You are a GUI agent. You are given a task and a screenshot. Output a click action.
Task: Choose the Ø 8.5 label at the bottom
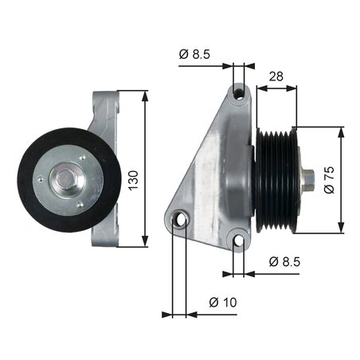point(283,261)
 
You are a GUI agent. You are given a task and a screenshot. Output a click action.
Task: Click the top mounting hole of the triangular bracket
point(239,94)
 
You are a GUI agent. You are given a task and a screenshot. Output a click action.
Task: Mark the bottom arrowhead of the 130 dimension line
point(145,242)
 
